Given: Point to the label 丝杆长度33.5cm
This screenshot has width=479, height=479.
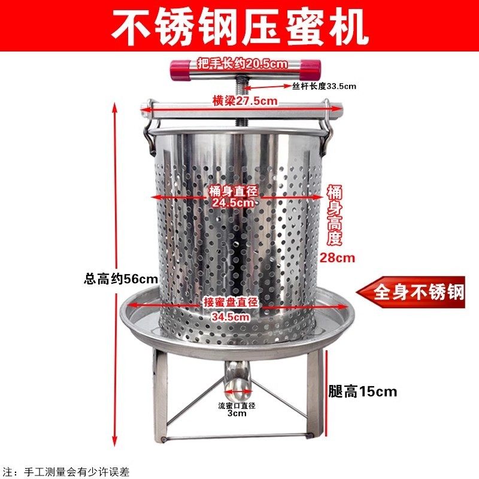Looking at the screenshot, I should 325,86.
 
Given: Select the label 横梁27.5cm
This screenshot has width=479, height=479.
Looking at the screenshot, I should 245,101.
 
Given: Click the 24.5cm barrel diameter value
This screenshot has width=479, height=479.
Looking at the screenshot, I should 234,202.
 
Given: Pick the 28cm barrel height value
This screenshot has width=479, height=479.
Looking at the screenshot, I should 338,258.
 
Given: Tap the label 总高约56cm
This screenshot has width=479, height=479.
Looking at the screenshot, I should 121,278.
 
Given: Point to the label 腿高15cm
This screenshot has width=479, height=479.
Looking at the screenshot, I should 363,392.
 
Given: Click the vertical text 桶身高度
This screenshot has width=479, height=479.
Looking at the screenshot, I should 335,216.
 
